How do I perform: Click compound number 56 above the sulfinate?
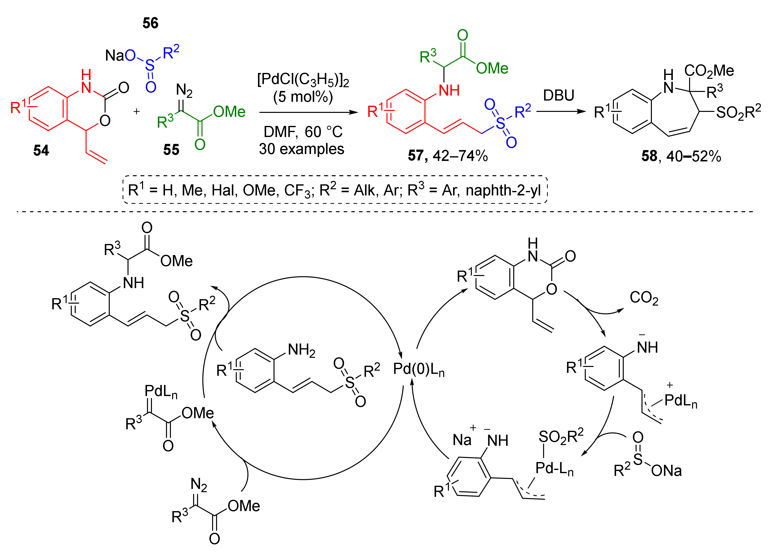(x=150, y=23)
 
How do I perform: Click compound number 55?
(x=171, y=150)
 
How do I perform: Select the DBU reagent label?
(x=558, y=95)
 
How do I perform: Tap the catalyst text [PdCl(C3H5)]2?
(x=303, y=80)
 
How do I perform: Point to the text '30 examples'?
(x=301, y=149)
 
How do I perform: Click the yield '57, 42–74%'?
(x=447, y=156)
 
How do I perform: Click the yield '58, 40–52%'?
(x=681, y=156)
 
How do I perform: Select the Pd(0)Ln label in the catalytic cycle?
(x=418, y=369)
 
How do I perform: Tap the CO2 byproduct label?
(x=644, y=298)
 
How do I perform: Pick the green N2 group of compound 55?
(x=184, y=90)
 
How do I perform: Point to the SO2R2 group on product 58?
(x=738, y=112)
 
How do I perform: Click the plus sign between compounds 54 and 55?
(x=136, y=111)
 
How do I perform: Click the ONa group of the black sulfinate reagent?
(x=666, y=470)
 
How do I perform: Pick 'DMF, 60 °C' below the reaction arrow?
(x=303, y=132)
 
